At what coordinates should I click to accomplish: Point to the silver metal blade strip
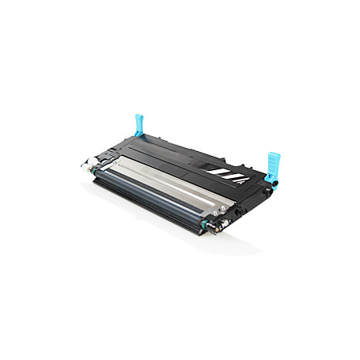point(174,183)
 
